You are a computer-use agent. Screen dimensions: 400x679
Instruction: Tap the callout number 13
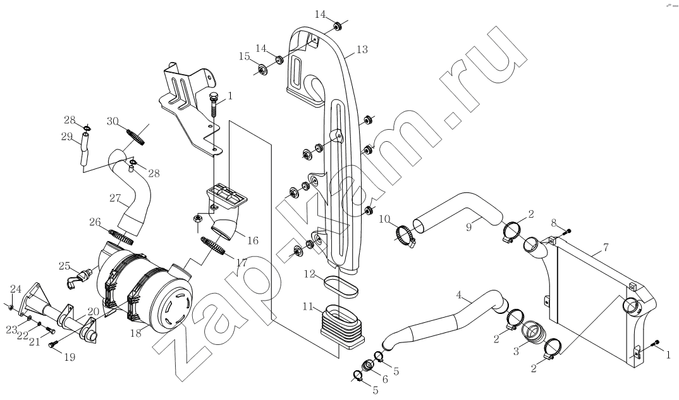tap(362, 49)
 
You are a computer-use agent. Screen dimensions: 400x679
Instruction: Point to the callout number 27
tap(114, 198)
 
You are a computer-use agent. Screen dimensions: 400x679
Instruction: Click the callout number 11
tap(308, 306)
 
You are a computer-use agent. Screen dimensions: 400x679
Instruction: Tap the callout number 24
tap(15, 289)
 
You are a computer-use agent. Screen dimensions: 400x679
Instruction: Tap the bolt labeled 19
tap(54, 342)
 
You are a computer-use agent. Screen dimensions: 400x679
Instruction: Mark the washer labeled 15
tap(261, 69)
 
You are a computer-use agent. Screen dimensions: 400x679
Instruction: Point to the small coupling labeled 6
tap(368, 365)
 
